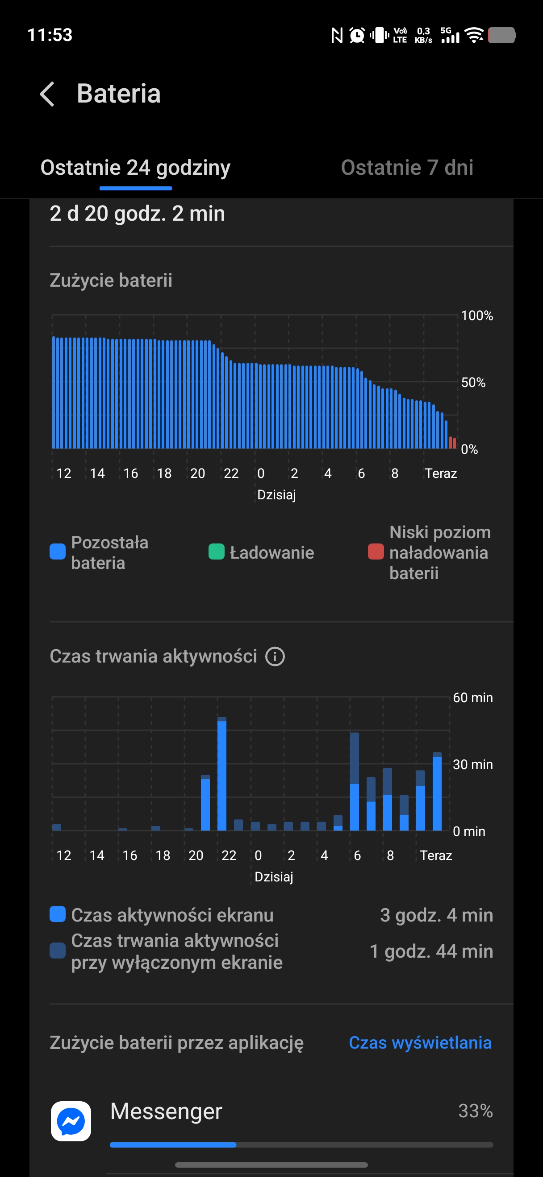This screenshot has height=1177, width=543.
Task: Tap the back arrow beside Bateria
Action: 47,94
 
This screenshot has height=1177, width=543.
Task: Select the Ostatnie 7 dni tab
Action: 407,168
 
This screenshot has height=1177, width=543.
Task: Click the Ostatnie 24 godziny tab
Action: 135,168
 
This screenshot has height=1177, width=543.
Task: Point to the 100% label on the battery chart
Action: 476,316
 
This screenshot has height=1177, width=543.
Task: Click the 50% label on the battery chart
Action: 473,383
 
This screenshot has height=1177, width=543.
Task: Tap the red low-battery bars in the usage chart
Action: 452,443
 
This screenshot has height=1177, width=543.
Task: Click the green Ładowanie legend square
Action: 217,552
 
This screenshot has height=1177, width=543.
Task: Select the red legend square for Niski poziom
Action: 376,552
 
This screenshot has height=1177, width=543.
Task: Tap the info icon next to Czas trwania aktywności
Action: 275,657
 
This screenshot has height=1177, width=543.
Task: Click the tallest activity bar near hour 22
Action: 222,774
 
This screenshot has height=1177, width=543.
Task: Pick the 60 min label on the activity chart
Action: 472,698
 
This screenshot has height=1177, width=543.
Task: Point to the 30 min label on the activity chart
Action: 472,765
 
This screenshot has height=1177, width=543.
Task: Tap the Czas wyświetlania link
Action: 420,1043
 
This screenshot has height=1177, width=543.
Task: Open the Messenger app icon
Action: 71,1121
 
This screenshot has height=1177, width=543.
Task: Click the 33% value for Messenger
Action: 475,1111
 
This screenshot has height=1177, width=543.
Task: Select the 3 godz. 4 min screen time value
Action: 436,915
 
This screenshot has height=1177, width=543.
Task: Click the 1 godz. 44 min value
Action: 431,951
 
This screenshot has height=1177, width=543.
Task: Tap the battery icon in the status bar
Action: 502,35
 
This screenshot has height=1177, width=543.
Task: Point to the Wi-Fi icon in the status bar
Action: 474,35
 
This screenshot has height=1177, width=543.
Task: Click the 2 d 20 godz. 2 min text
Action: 137,214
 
